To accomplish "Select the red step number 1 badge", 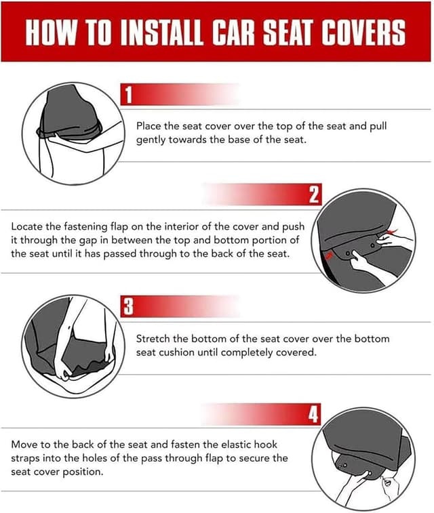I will pyautogui.click(x=127, y=95).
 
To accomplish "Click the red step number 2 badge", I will pyautogui.click(x=313, y=195).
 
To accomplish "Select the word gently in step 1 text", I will pyautogui.click(x=153, y=140).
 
